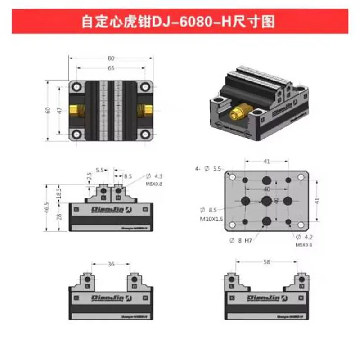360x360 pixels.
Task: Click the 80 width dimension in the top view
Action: coord(111,58)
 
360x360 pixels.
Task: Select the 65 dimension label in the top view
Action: coord(111,68)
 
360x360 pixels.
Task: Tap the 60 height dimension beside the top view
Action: coord(48,110)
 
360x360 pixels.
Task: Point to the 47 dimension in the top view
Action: coord(59,110)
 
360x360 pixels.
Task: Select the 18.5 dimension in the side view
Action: coord(59,193)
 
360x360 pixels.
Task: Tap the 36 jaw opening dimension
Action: coord(111,264)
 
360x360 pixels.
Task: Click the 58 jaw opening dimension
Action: coord(267,261)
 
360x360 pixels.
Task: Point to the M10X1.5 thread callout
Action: coord(212,219)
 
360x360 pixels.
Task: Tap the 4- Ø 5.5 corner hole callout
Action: coord(209,169)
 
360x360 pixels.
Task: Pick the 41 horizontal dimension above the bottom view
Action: coord(266,161)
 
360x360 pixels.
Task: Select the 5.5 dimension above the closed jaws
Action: coord(100,171)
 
